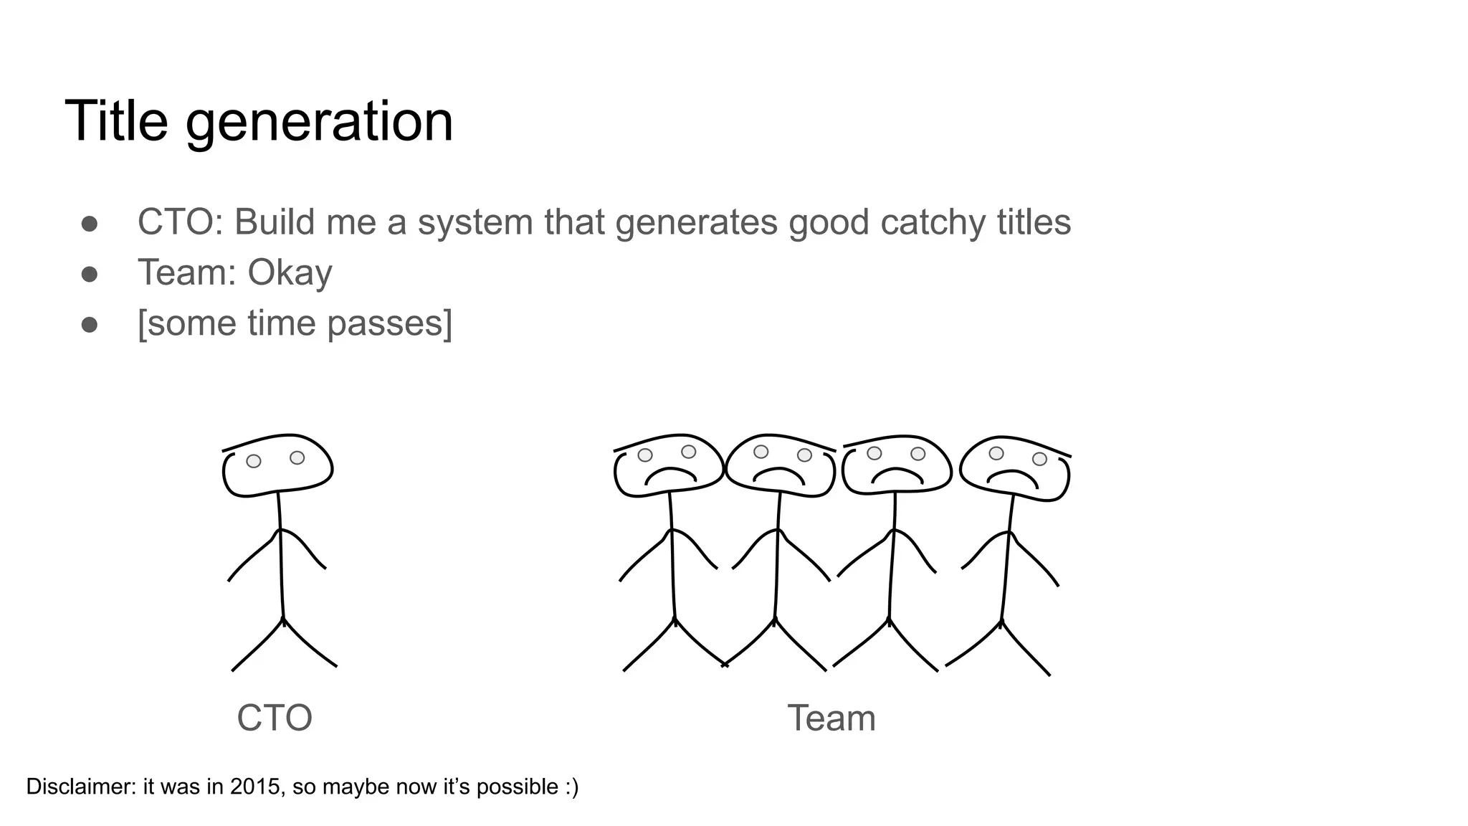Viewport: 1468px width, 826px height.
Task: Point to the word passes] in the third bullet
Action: coord(390,324)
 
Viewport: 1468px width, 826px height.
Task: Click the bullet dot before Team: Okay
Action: coord(90,274)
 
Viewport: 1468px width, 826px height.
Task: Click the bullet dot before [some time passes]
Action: coord(90,325)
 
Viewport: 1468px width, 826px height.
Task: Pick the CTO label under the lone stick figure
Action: coord(275,718)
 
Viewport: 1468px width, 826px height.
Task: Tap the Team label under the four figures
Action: coord(831,718)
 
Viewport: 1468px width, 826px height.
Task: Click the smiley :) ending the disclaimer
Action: coord(571,787)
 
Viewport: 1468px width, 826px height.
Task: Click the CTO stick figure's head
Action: coord(277,466)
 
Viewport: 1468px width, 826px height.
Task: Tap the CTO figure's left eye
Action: coord(254,461)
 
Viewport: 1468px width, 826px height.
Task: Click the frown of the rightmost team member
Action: coord(1014,476)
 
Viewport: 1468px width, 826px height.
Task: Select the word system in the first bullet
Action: coord(475,223)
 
